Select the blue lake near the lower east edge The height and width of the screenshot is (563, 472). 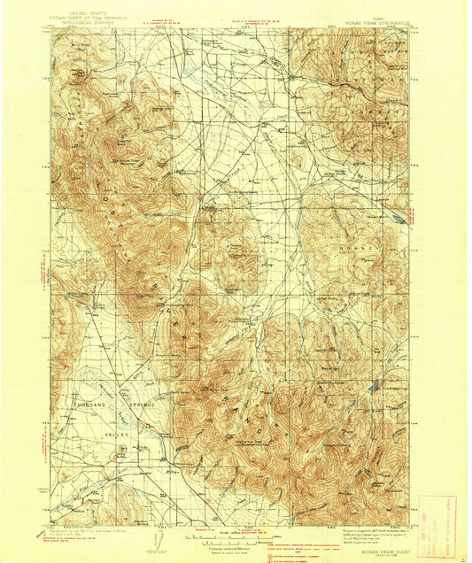tap(375, 385)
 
